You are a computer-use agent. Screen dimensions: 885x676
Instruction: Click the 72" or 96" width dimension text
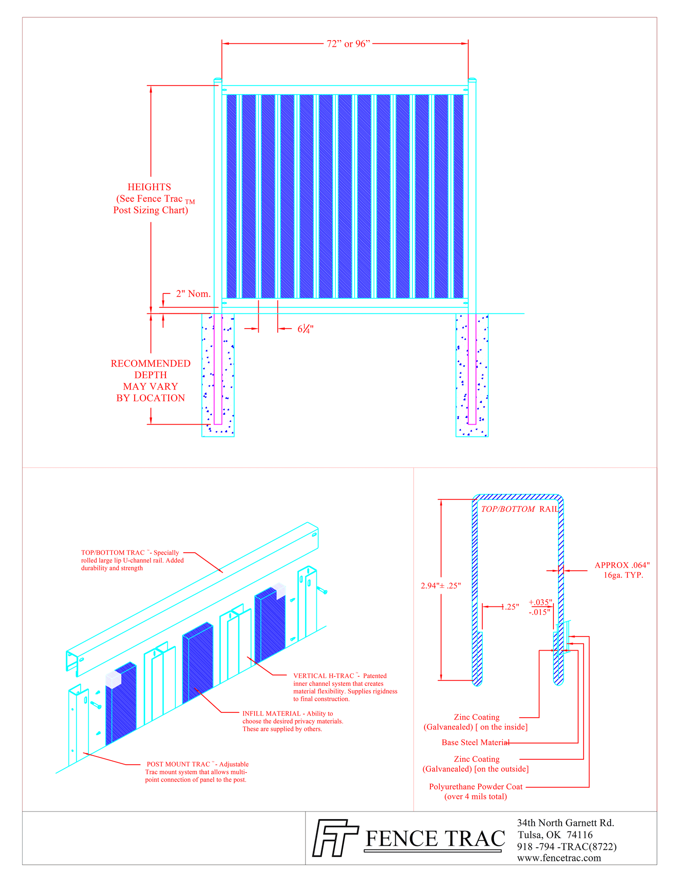348,44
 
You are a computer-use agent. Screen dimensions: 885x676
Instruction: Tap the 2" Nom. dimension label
193,294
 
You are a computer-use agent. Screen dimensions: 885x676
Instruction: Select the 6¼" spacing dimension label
305,329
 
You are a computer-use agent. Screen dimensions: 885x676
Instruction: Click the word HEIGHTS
149,187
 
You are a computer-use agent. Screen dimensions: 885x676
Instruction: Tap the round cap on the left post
218,80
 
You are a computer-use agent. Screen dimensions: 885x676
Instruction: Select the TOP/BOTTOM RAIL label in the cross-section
519,509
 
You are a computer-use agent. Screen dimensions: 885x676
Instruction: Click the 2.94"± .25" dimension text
440,586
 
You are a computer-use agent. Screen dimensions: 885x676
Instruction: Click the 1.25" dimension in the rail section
510,607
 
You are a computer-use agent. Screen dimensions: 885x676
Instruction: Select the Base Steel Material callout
475,743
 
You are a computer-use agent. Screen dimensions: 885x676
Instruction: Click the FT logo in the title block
335,838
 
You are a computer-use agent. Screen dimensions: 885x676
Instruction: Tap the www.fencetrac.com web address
559,858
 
